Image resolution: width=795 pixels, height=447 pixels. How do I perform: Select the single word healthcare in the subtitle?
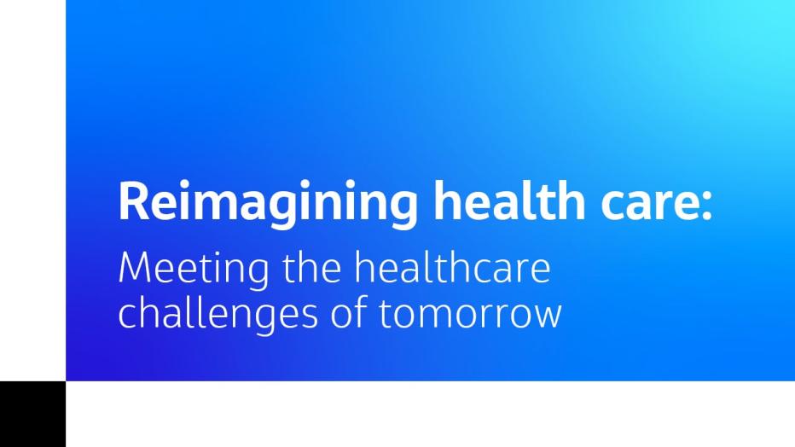click(x=452, y=270)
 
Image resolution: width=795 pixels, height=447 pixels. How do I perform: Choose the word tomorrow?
click(x=470, y=315)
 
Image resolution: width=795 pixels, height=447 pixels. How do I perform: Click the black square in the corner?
click(x=32, y=414)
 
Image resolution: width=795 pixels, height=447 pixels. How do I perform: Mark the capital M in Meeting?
click(x=136, y=270)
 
